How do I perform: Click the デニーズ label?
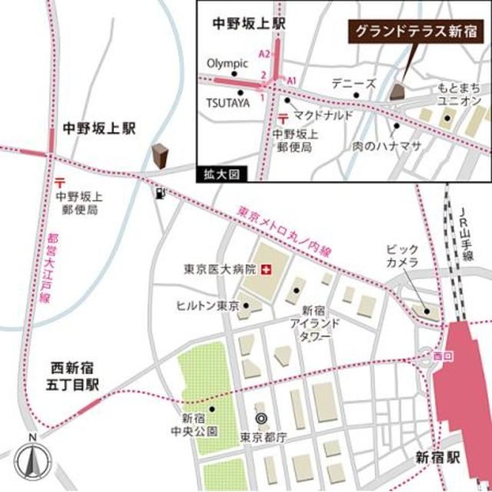point(354,82)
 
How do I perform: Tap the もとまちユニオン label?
point(460,95)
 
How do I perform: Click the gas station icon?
point(159,194)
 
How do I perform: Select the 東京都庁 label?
point(263,437)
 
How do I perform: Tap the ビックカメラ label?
point(404,257)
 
